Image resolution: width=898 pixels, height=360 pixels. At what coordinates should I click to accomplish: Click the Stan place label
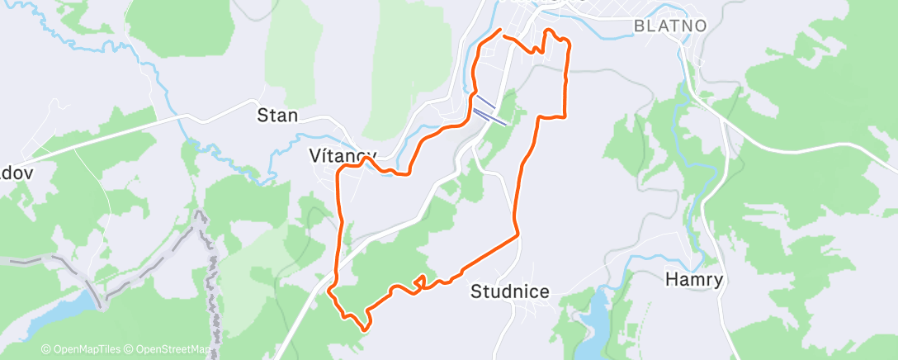pos(277,115)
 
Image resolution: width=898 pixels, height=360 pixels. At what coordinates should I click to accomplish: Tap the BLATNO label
pos(670,26)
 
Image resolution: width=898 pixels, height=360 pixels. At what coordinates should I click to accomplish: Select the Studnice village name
pos(509,291)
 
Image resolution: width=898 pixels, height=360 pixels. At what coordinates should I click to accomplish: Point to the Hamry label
pos(694,280)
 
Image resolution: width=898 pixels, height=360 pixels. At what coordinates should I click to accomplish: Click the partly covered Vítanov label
pos(340,154)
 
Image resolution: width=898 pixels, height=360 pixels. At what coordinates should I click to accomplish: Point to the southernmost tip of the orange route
pos(363,329)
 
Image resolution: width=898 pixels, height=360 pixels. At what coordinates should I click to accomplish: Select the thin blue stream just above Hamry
pos(660,258)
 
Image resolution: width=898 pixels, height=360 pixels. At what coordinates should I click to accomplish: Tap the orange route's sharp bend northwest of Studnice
pos(518,235)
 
